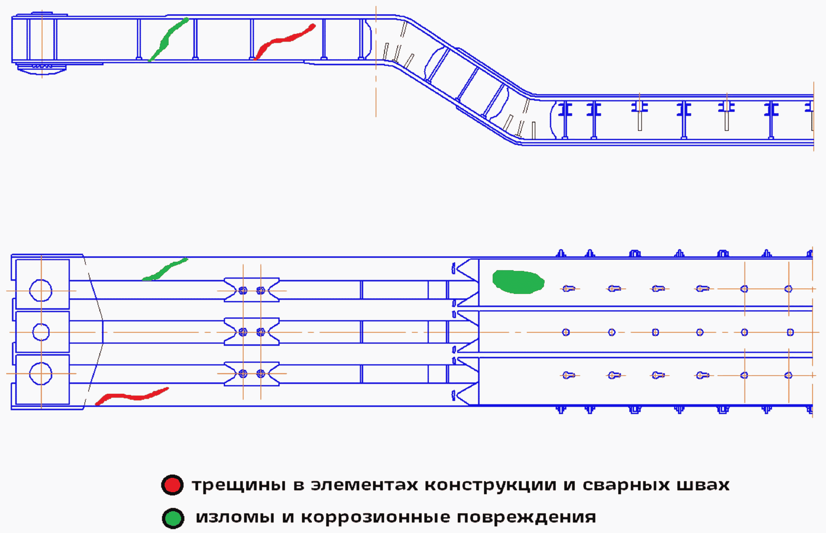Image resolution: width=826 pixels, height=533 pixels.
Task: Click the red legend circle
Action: point(172,485)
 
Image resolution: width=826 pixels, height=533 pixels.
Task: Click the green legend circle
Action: point(173,518)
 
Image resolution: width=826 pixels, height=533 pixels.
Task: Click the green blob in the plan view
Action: point(518,282)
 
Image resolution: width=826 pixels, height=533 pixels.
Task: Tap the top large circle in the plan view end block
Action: point(41,290)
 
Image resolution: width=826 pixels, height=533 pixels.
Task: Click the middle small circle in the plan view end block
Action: point(41,332)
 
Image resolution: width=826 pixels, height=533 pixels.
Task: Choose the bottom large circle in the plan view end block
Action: point(41,374)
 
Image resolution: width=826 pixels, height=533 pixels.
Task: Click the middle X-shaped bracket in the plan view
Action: point(252,332)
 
